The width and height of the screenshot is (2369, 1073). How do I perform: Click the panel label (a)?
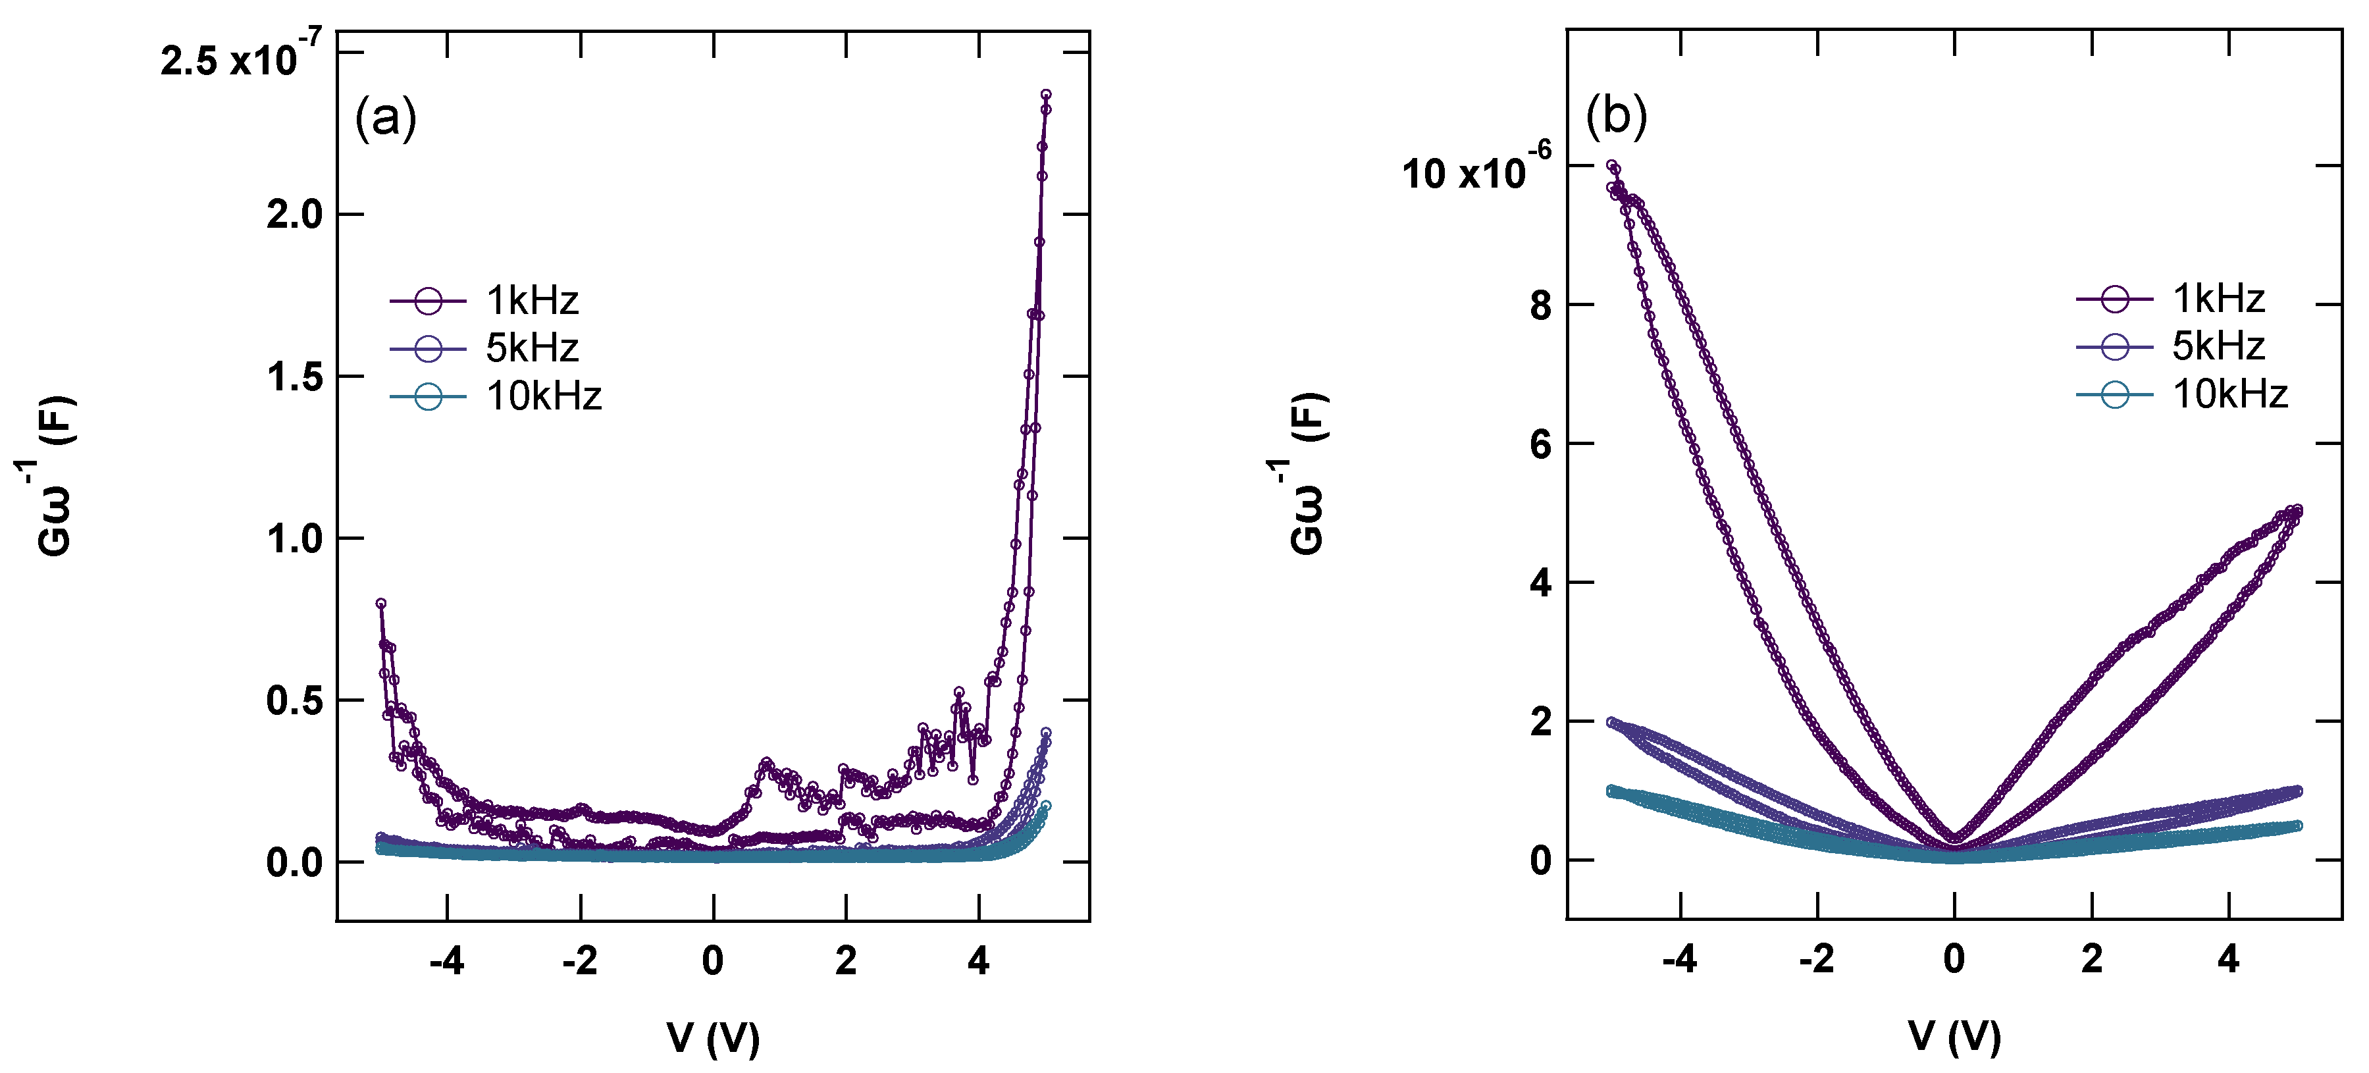(385, 118)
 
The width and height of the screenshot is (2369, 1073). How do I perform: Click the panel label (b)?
(1616, 117)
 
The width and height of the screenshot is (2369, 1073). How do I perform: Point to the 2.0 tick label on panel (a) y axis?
(294, 215)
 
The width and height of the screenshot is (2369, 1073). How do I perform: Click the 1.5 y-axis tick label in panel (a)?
(294, 377)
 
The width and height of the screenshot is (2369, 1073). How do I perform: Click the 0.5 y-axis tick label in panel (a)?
(294, 700)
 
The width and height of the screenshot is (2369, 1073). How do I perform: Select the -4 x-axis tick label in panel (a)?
(447, 962)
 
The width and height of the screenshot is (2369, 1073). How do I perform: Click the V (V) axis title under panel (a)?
(714, 1038)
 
